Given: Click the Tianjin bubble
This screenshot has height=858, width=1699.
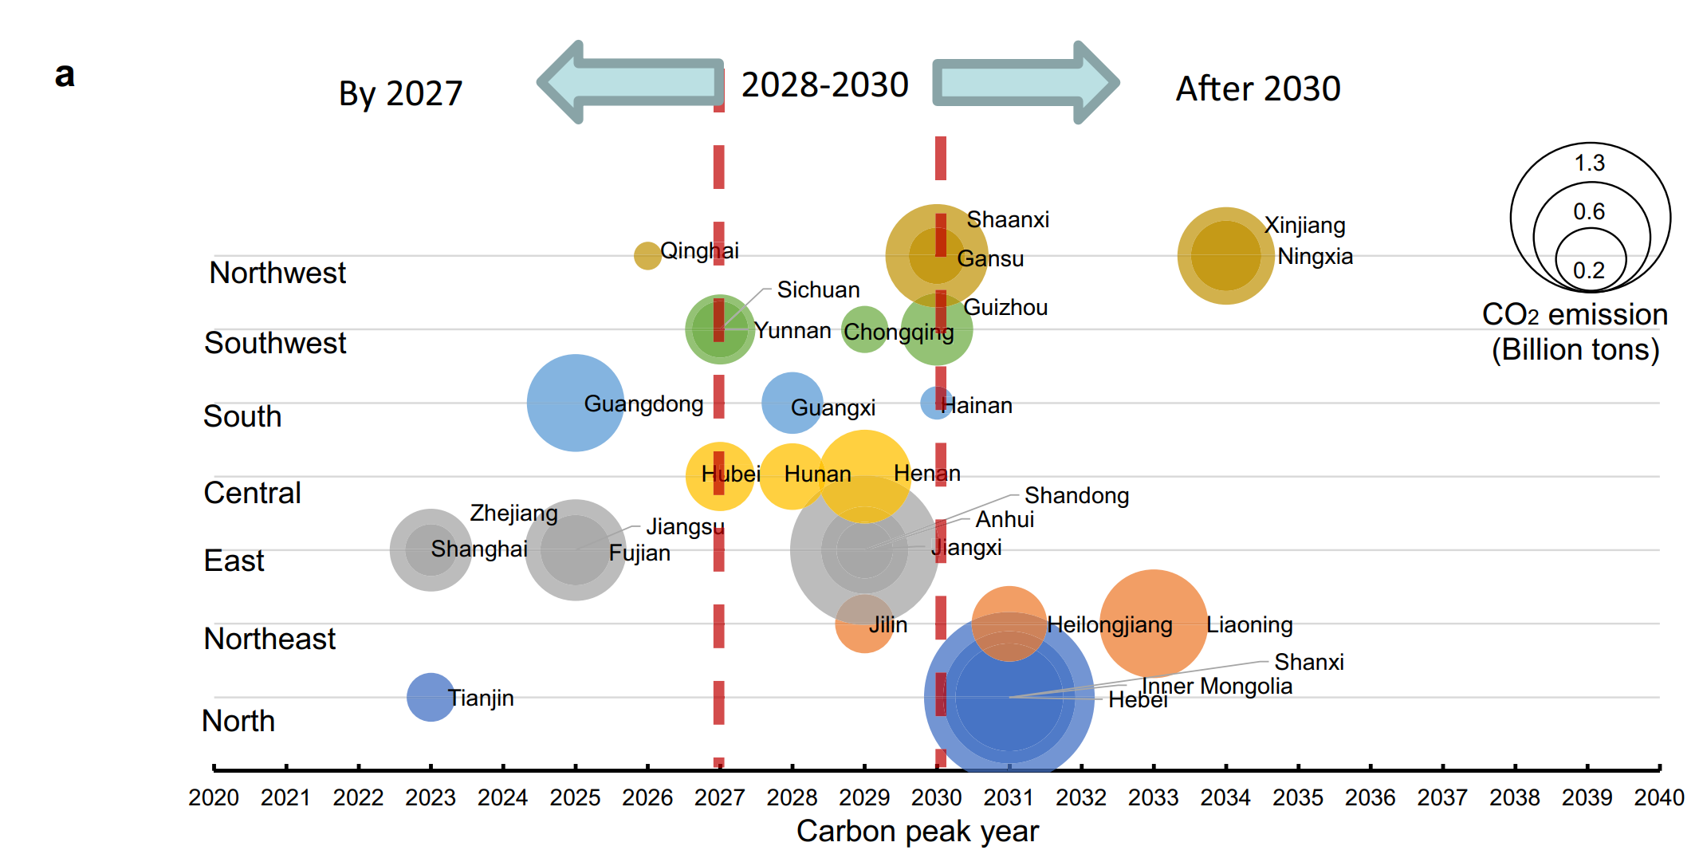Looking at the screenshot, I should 430,697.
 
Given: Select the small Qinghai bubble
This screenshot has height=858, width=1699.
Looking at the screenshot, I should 647,256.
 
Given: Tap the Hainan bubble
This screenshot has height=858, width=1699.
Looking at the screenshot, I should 934,403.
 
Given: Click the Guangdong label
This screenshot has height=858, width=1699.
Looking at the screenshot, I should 643,403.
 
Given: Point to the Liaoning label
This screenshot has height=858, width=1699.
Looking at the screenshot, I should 1249,624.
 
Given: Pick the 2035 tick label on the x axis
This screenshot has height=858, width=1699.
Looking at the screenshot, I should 1297,797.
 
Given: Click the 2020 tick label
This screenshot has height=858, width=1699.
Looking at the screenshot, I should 214,797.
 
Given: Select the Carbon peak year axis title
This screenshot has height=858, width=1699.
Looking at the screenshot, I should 917,831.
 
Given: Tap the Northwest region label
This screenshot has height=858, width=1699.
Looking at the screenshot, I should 277,273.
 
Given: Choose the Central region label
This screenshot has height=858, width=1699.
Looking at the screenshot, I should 252,493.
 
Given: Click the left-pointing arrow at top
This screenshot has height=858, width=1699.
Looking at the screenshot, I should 630,82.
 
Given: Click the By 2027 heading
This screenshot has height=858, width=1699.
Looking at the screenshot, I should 400,93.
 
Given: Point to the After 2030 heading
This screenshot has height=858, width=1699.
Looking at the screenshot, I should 1257,89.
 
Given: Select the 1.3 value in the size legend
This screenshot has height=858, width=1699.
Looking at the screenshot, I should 1589,163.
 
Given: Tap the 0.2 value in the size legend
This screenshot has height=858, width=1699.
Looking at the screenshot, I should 1588,270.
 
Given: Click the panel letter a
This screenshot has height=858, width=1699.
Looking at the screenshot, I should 65,75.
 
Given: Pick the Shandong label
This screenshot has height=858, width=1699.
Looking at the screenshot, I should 1076,495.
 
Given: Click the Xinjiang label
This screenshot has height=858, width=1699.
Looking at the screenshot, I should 1305,225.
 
